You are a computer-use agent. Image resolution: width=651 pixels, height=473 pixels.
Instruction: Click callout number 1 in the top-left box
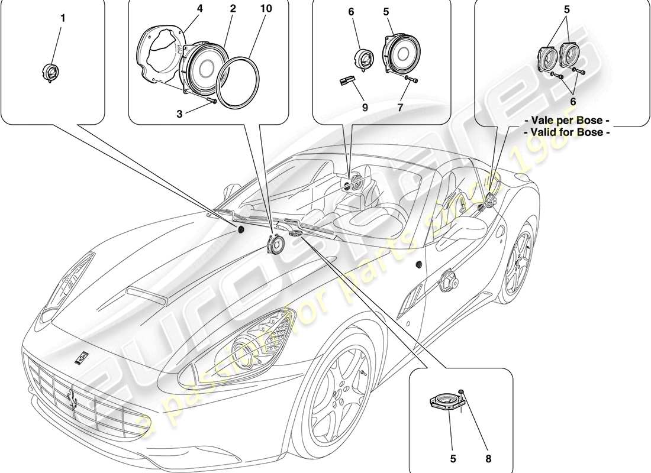pos(63,18)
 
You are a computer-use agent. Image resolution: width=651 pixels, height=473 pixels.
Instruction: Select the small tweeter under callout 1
pos(51,73)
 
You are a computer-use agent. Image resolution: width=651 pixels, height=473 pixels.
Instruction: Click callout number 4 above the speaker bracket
pos(183,9)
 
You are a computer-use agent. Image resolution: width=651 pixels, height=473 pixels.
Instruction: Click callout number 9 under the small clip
pos(365,108)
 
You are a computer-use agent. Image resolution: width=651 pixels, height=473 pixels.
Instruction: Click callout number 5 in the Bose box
pos(567,10)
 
